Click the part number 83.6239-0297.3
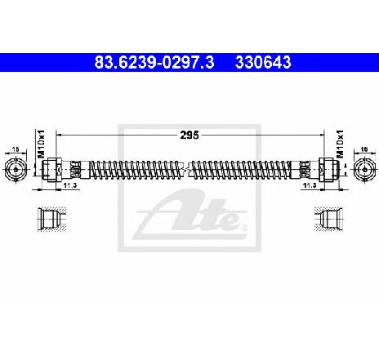click(x=154, y=62)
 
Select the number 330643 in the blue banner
click(x=263, y=62)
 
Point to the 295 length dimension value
click(x=189, y=135)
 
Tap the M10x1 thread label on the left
click(x=41, y=144)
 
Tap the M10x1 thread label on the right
click(x=341, y=144)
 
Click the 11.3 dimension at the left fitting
click(x=70, y=185)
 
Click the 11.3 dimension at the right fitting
click(x=310, y=185)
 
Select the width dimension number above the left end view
click(x=16, y=149)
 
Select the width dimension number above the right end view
click(x=364, y=149)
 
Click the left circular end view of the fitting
click(x=16, y=170)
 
